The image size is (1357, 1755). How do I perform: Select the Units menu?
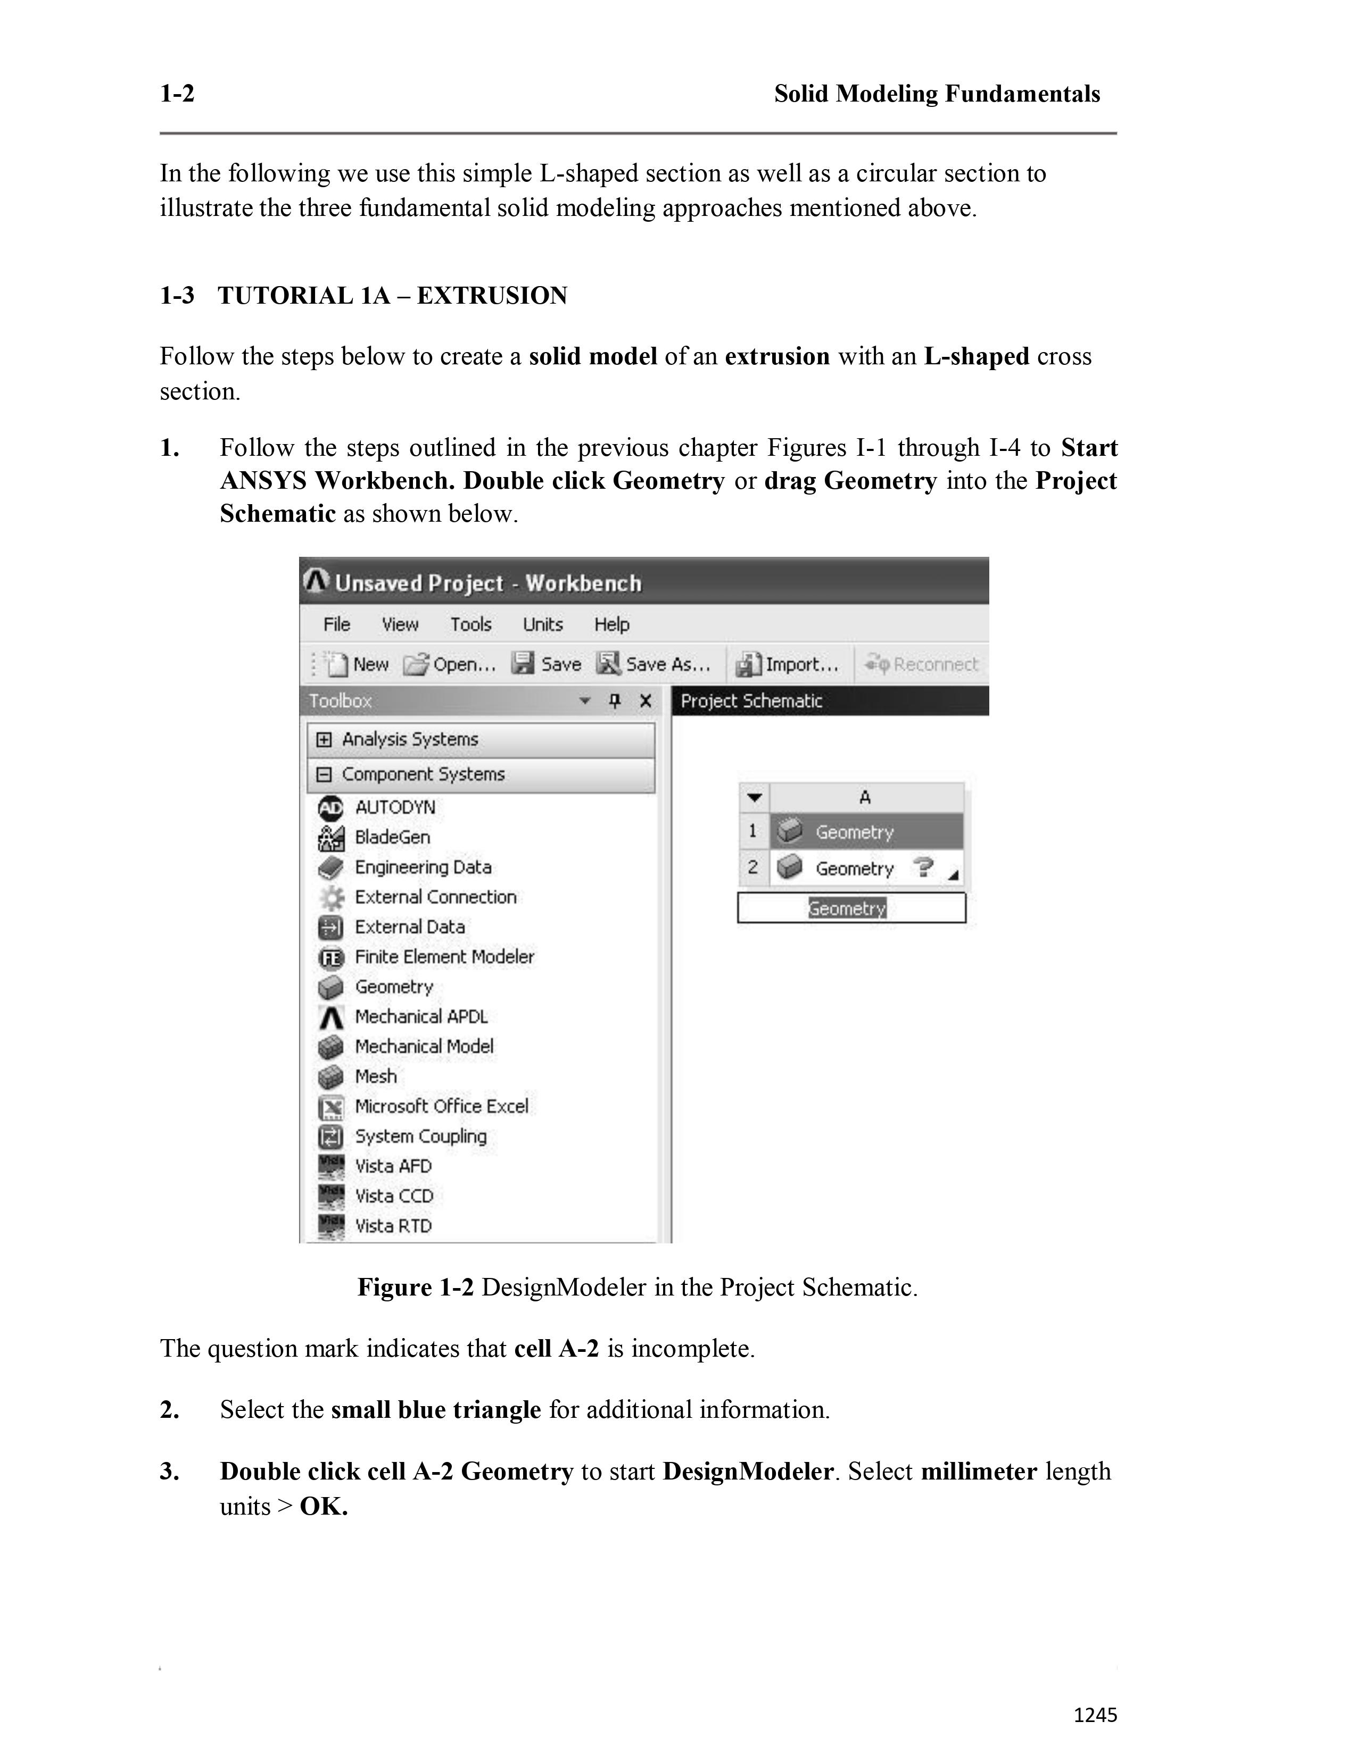point(543,624)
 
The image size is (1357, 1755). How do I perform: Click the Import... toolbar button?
point(788,664)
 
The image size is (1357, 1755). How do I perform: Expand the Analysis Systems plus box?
point(324,739)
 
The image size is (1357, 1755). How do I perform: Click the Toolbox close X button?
point(645,701)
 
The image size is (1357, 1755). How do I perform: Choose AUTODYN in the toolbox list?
point(395,807)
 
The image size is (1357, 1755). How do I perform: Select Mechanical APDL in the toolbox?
point(420,1016)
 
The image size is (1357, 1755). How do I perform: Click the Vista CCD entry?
point(394,1196)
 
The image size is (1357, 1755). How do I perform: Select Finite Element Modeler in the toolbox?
point(444,956)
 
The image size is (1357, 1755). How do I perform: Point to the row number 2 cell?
point(753,868)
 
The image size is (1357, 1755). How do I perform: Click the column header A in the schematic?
point(865,797)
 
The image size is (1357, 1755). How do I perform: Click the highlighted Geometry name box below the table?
point(847,908)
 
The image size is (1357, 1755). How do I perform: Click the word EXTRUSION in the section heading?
point(492,296)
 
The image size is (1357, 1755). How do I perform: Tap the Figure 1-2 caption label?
point(416,1288)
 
